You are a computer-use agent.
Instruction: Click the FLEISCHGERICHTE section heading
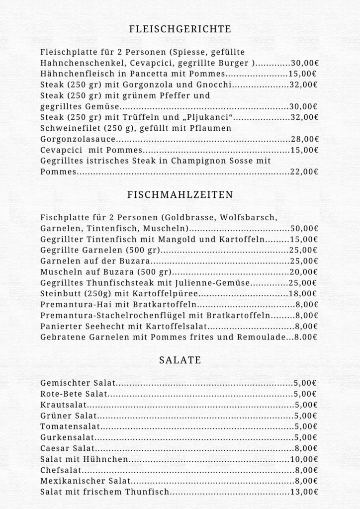pyautogui.click(x=180, y=29)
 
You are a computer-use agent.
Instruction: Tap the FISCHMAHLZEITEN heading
pyautogui.click(x=180, y=195)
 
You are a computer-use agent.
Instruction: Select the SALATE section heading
pyautogui.click(x=180, y=360)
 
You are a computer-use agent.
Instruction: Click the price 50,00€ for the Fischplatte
pyautogui.click(x=304, y=229)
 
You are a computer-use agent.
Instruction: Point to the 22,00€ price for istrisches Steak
pyautogui.click(x=304, y=172)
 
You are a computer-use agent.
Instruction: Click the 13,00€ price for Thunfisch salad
pyautogui.click(x=304, y=492)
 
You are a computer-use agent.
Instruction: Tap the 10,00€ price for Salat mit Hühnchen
pyautogui.click(x=304, y=459)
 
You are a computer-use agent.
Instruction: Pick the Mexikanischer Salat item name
pyautogui.click(x=85, y=481)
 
